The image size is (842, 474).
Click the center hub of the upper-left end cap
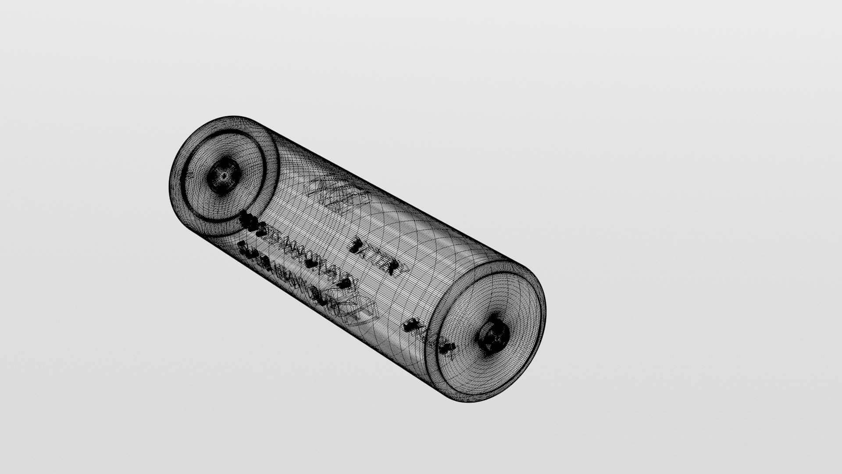tap(224, 176)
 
